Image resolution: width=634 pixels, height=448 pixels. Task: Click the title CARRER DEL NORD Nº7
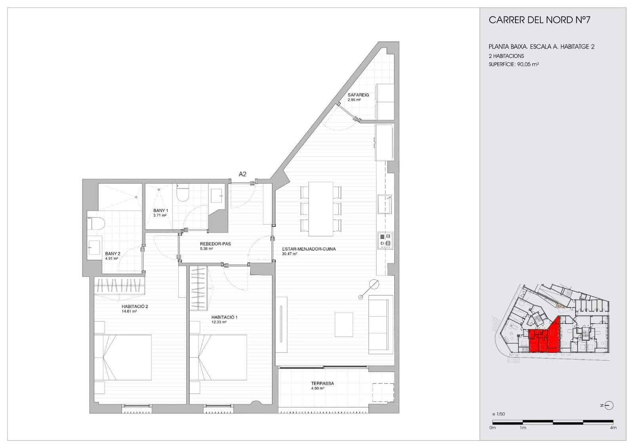pyautogui.click(x=539, y=20)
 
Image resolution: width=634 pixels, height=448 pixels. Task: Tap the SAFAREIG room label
pyautogui.click(x=358, y=95)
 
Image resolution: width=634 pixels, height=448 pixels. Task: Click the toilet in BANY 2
pyautogui.click(x=96, y=224)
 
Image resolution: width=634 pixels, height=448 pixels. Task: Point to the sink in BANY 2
pyautogui.click(x=94, y=248)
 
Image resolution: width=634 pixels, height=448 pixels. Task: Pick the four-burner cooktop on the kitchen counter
pyautogui.click(x=385, y=240)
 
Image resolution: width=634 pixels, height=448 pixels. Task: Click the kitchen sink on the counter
pyautogui.click(x=384, y=204)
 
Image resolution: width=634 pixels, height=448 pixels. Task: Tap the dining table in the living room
pyautogui.click(x=321, y=209)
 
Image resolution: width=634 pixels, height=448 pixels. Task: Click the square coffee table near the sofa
pyautogui.click(x=344, y=324)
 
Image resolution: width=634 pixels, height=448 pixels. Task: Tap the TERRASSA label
pyautogui.click(x=322, y=383)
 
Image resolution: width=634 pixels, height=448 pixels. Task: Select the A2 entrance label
pyautogui.click(x=243, y=174)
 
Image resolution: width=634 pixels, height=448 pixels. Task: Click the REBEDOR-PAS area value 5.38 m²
pyautogui.click(x=206, y=249)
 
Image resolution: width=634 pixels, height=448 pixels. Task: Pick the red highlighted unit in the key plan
pyautogui.click(x=544, y=338)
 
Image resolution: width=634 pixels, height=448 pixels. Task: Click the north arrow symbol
pyautogui.click(x=609, y=405)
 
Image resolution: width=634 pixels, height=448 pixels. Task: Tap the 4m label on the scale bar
pyautogui.click(x=613, y=428)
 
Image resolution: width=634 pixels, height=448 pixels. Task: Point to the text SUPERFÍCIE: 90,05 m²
pyautogui.click(x=514, y=64)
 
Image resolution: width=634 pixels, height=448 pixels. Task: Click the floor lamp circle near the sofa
pyautogui.click(x=374, y=284)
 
